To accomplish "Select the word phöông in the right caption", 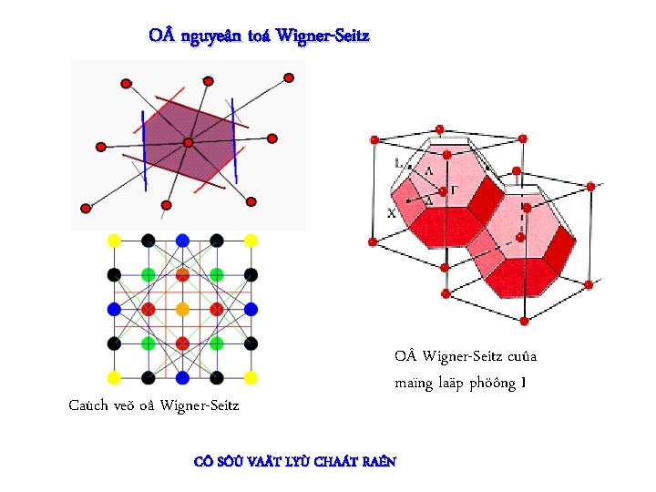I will click(492, 383).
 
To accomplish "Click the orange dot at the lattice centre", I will click(182, 309).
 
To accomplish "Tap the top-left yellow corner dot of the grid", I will click(114, 241).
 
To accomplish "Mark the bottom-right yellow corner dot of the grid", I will click(251, 377).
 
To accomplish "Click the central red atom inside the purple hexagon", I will click(188, 142).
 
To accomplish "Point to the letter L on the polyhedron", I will click(399, 164).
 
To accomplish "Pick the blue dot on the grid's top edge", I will click(182, 241).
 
